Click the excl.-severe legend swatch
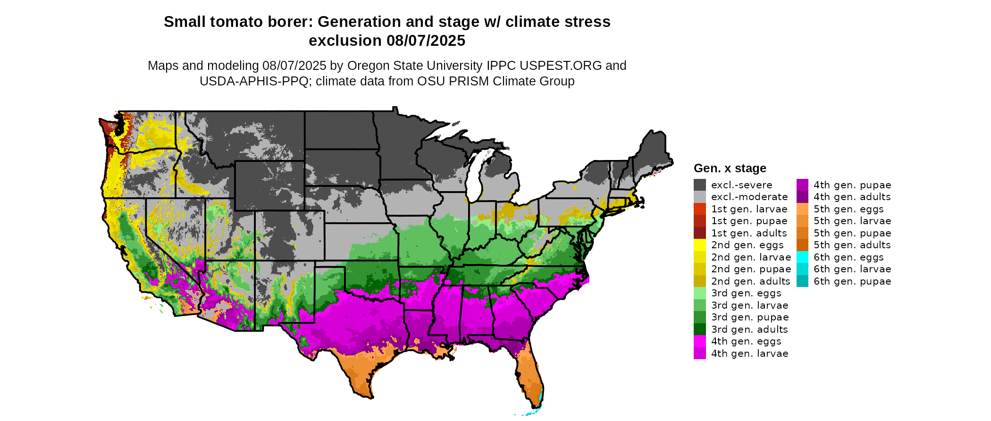click(699, 185)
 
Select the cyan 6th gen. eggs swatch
click(802, 257)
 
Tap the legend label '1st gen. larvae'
click(749, 209)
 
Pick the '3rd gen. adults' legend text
click(749, 329)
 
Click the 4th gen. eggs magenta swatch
click(699, 341)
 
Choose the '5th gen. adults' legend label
click(852, 245)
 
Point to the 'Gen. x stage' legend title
click(730, 168)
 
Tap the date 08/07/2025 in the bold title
click(426, 41)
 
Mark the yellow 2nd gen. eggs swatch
click(699, 245)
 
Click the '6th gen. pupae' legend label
click(852, 281)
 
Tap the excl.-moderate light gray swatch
click(699, 197)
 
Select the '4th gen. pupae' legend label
click(852, 185)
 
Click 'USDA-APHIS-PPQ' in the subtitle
click(255, 81)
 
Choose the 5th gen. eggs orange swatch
click(802, 209)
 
